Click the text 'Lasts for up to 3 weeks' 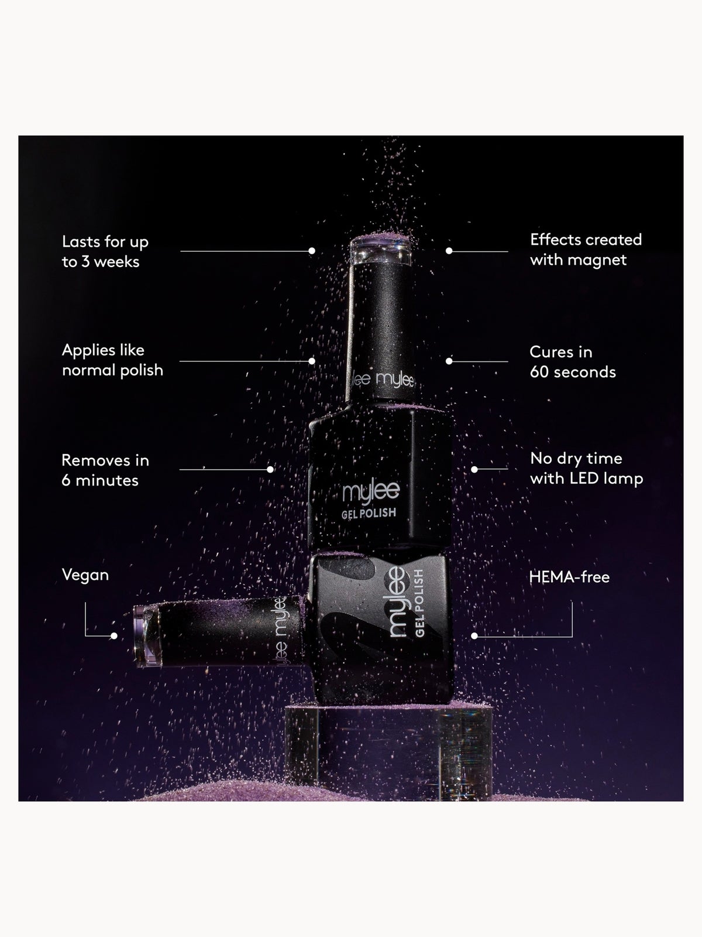pyautogui.click(x=105, y=251)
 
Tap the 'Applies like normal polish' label pyautogui.click(x=112, y=360)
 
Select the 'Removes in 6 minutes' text pyautogui.click(x=105, y=470)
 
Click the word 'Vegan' pyautogui.click(x=85, y=575)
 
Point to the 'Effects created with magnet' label pyautogui.click(x=586, y=249)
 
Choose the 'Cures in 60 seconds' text pyautogui.click(x=573, y=362)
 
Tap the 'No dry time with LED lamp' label pyautogui.click(x=587, y=468)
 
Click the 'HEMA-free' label pyautogui.click(x=569, y=577)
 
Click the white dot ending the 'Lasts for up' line pyautogui.click(x=312, y=251)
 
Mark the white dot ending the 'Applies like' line pyautogui.click(x=312, y=361)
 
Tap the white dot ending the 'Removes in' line pyautogui.click(x=270, y=470)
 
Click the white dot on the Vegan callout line pyautogui.click(x=114, y=636)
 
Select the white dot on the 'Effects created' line pyautogui.click(x=449, y=251)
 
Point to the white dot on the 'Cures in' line pyautogui.click(x=449, y=361)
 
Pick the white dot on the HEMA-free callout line pyautogui.click(x=474, y=636)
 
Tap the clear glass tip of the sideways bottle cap pyautogui.click(x=146, y=635)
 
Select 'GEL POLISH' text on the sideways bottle pyautogui.click(x=419, y=603)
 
